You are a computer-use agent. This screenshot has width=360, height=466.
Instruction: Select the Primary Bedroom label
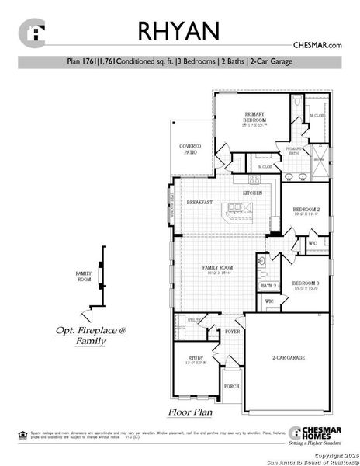(255, 119)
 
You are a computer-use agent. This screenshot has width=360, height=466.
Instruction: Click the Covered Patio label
(191, 149)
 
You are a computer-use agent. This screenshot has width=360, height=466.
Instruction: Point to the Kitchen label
(252, 193)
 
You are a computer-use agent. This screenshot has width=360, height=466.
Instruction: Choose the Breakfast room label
(199, 203)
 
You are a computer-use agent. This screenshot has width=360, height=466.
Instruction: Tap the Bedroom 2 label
(306, 211)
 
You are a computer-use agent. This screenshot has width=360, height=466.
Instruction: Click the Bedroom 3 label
(306, 285)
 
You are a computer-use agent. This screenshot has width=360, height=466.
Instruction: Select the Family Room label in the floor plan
(218, 269)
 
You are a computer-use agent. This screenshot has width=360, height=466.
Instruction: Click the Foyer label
(232, 331)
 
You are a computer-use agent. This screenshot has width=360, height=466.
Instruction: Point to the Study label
(196, 360)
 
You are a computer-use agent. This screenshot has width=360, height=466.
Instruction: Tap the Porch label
(231, 386)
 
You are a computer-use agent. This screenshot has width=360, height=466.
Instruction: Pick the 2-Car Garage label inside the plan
(287, 359)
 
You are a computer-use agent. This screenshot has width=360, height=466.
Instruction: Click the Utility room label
(194, 319)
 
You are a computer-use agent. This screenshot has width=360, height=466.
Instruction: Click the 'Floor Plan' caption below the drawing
(191, 412)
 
